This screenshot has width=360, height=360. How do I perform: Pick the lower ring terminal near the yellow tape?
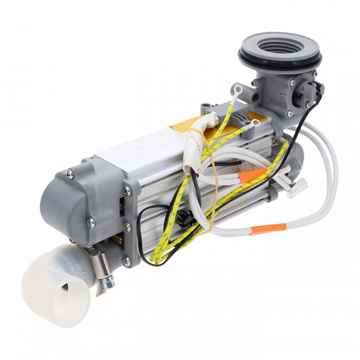[x=254, y=122]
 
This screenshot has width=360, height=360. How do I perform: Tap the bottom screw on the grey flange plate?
[x=126, y=262]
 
